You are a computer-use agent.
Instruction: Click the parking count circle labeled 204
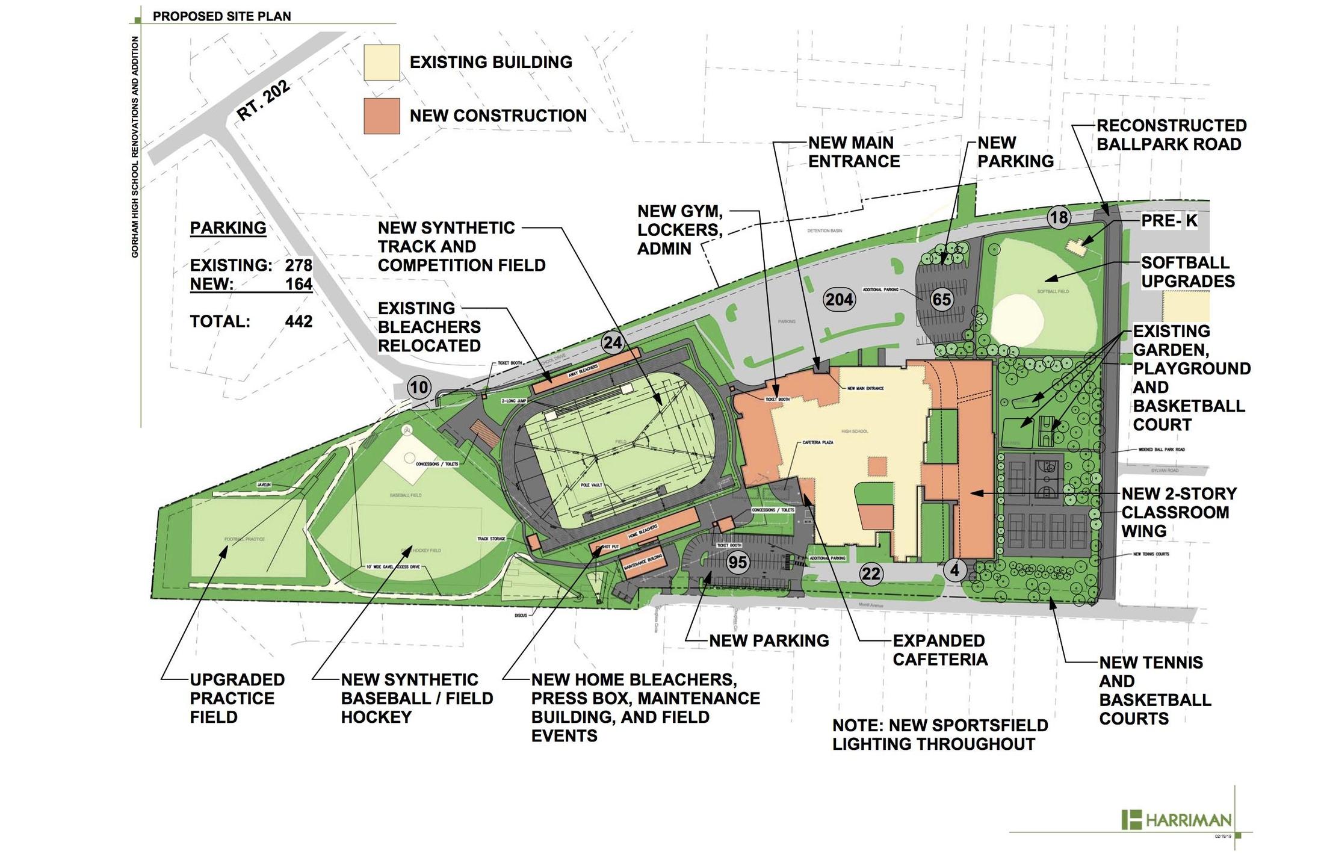839,299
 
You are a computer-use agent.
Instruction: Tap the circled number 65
941,299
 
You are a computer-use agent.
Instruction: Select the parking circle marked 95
737,562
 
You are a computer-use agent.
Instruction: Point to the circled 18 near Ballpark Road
1059,217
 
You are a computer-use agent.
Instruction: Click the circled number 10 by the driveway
419,387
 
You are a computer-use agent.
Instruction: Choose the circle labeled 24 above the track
613,343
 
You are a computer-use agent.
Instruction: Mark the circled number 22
871,574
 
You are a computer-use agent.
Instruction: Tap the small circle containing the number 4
954,569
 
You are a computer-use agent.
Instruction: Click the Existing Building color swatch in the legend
382,63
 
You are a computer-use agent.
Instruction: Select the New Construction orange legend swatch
382,116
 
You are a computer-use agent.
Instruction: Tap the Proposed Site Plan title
221,16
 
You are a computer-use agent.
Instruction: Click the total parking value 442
299,321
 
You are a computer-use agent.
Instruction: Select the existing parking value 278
299,265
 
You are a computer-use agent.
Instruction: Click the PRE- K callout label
1169,221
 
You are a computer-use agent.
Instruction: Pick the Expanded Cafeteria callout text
940,650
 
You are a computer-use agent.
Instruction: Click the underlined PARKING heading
228,228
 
